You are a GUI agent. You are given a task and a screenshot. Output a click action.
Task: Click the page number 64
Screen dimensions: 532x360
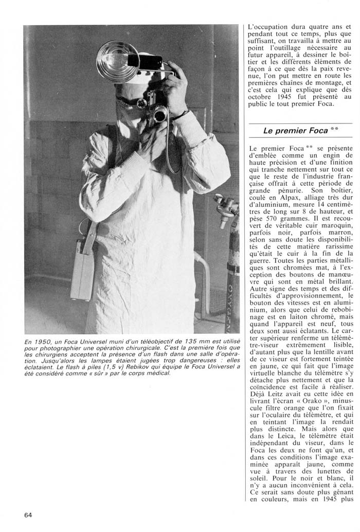tap(29, 515)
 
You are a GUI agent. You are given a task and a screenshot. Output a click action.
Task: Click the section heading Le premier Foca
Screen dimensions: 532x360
tap(295, 131)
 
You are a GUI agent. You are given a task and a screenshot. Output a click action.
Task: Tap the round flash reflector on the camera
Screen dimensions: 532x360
tap(118, 61)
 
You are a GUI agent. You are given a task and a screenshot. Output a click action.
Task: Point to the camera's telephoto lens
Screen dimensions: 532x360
tap(160, 114)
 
